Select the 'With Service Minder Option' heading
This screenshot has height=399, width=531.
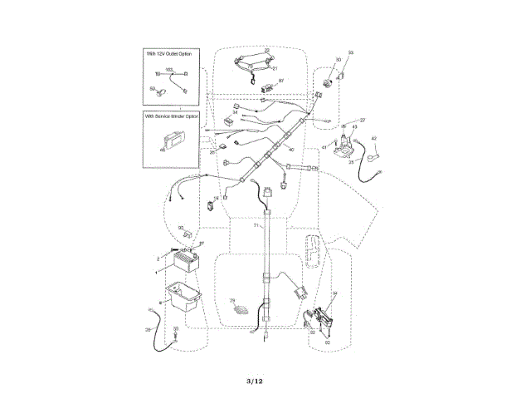(x=173, y=117)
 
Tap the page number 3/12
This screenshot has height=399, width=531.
(x=255, y=382)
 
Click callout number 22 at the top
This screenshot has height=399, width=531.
(x=267, y=51)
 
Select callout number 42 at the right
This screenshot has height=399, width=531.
(x=373, y=138)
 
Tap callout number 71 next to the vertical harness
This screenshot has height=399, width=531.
(x=256, y=225)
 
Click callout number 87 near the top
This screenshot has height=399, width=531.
(x=281, y=81)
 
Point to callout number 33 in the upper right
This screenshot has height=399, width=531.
(x=350, y=52)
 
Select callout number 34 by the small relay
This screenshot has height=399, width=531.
(x=235, y=113)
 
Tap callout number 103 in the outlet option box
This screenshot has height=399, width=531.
(x=169, y=69)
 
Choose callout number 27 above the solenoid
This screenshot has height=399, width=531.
(x=363, y=121)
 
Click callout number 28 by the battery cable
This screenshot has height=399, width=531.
(x=148, y=330)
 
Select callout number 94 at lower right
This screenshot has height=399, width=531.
(x=334, y=293)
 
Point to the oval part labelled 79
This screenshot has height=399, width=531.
(x=239, y=310)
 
